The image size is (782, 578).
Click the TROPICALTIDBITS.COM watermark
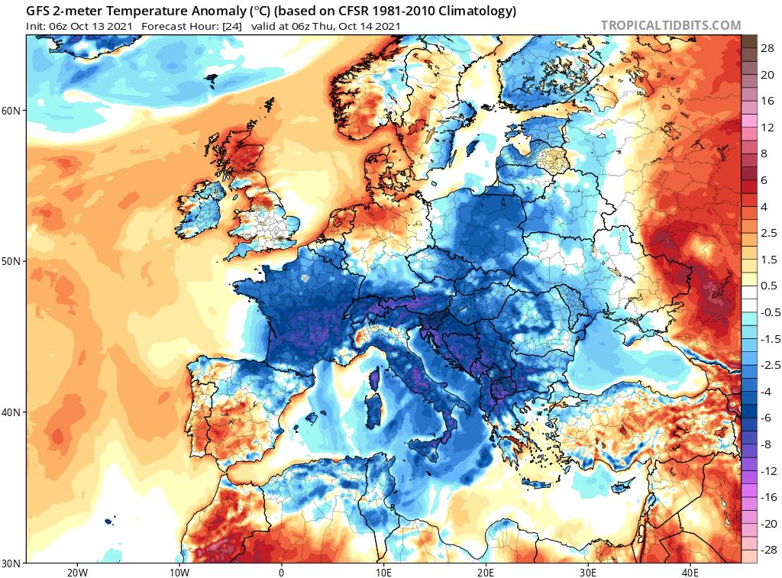671,25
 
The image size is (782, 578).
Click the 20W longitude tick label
76,573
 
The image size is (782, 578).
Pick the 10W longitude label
179,573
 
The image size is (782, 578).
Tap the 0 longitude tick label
281,573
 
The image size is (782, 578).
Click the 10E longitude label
383,573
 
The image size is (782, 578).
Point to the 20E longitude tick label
486,573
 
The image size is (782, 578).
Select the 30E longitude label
588,573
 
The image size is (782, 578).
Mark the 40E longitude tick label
690,573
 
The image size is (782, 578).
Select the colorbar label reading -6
766,417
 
